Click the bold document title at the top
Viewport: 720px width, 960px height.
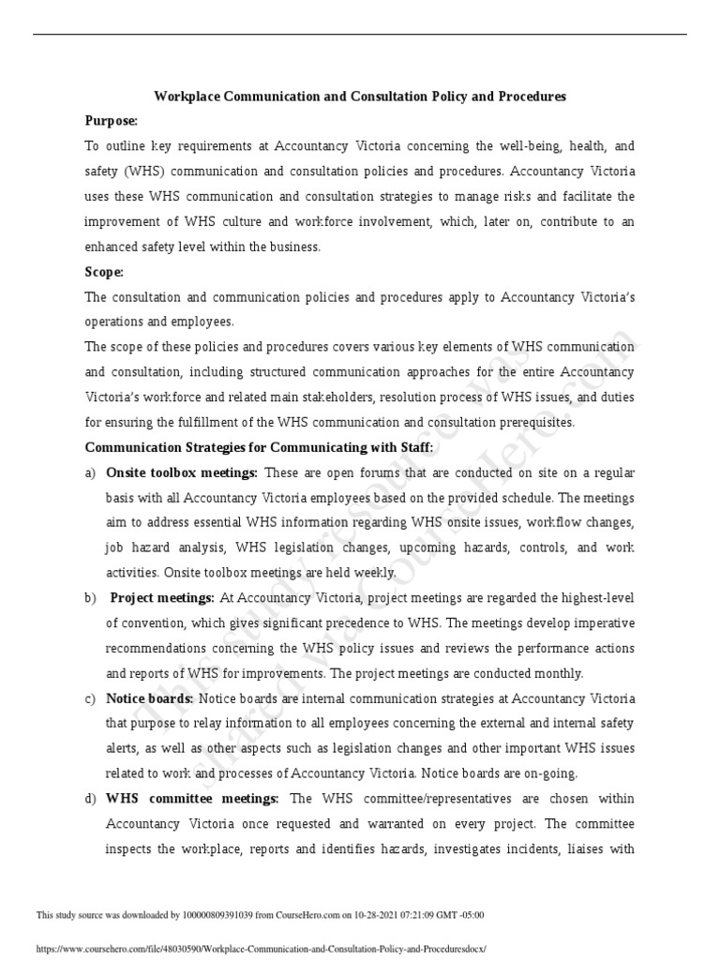(360, 97)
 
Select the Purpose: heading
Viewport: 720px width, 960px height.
(112, 121)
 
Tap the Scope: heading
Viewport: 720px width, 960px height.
(104, 272)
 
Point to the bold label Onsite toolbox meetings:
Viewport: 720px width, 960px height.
(182, 472)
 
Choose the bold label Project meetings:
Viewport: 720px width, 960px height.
(163, 598)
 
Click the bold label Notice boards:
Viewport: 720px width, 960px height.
(149, 698)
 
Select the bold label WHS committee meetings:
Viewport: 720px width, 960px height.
(192, 799)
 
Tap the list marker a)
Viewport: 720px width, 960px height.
(91, 472)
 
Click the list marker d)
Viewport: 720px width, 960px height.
(91, 799)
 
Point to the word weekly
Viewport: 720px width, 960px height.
(372, 573)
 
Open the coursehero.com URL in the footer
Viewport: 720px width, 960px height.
(261, 948)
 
